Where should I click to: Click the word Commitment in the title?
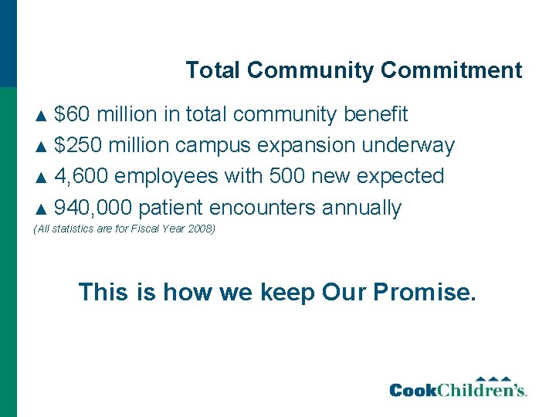tap(451, 70)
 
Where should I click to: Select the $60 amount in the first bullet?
tap(72, 114)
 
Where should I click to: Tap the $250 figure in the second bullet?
tap(79, 145)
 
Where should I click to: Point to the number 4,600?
tap(82, 176)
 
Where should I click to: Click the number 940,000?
tap(93, 208)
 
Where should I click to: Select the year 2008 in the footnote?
tap(203, 229)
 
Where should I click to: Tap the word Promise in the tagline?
tap(424, 292)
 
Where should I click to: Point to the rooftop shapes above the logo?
tap(493, 378)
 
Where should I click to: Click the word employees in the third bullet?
tap(167, 177)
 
